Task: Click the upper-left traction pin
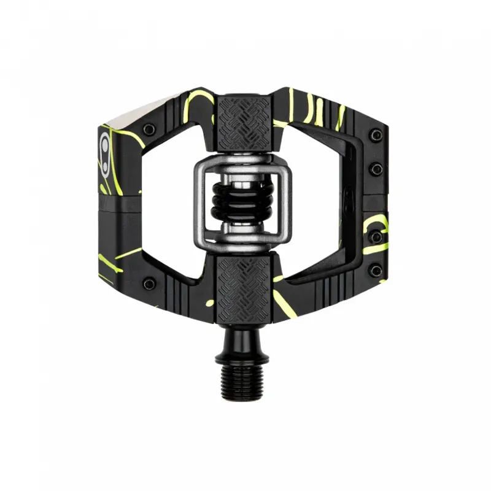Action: pos(149,129)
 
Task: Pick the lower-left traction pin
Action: pos(149,284)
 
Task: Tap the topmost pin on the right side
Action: pos(376,134)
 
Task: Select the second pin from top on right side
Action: pos(376,168)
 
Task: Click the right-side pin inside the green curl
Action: pos(376,235)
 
